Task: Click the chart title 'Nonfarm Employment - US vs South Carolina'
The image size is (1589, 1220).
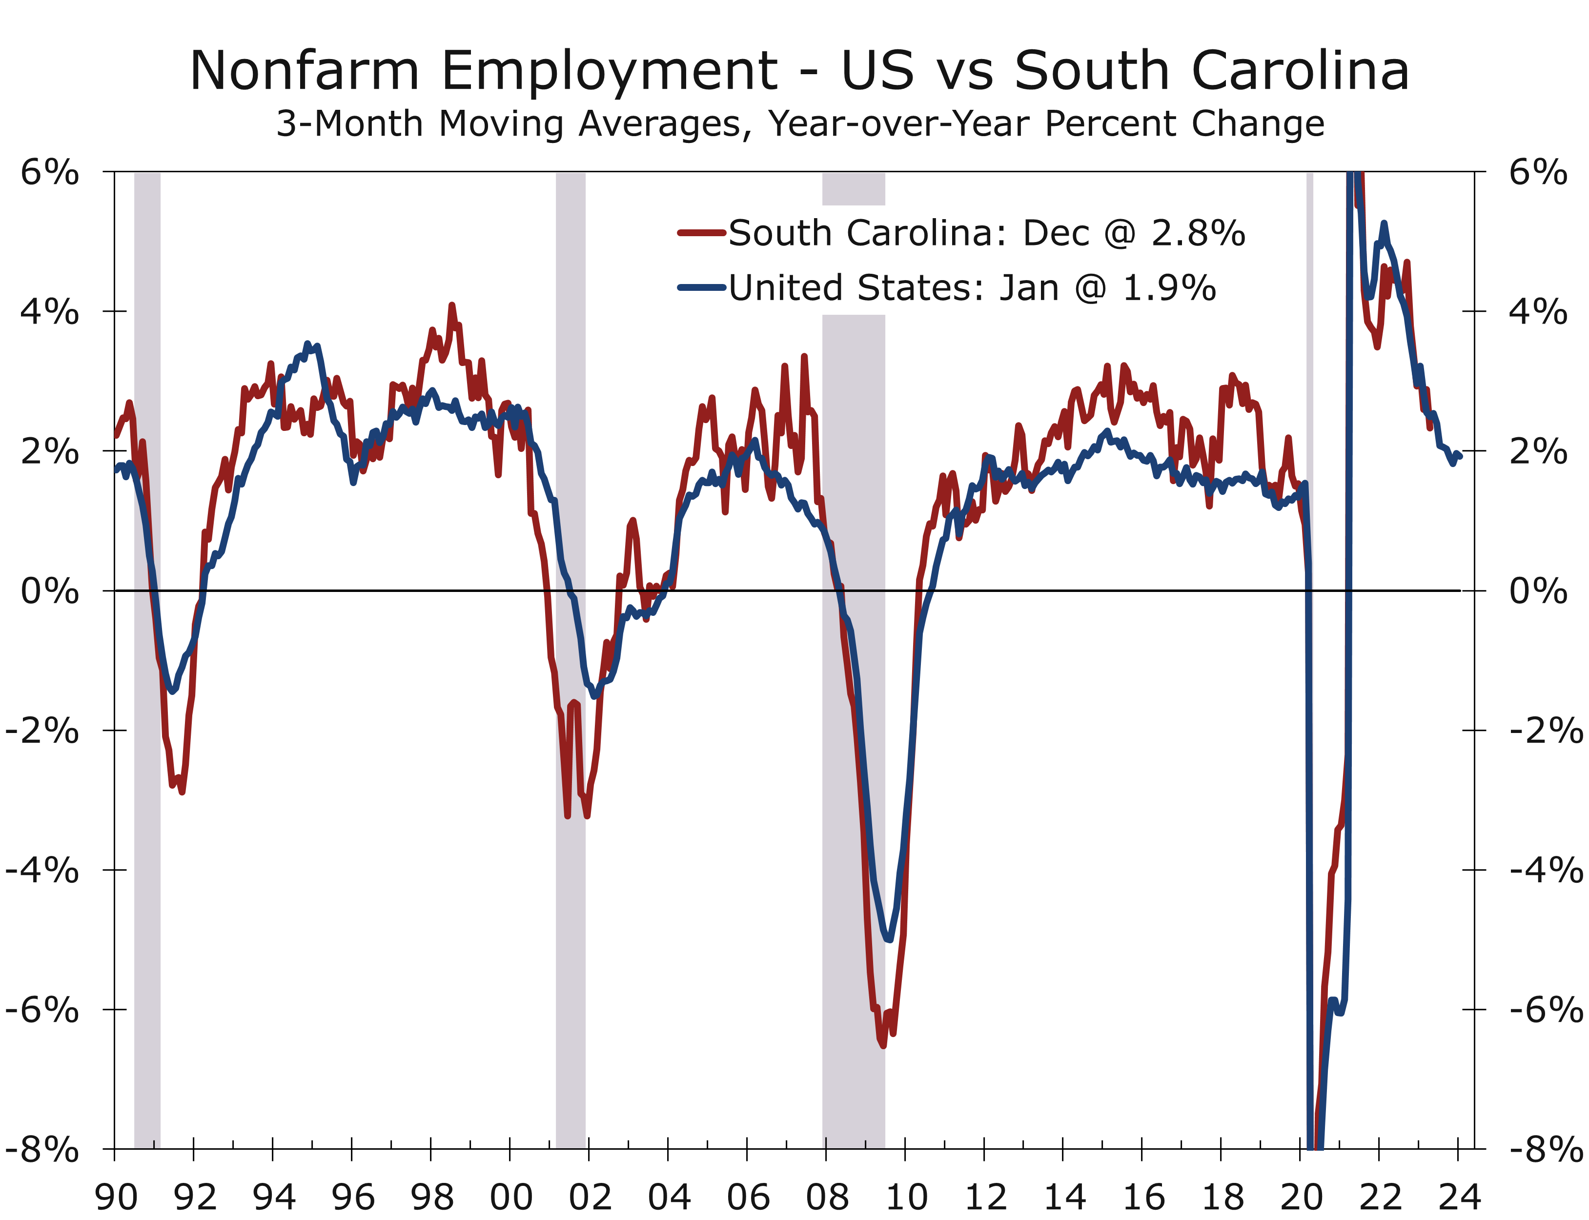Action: [x=799, y=70]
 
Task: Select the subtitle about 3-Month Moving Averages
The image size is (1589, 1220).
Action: [x=799, y=123]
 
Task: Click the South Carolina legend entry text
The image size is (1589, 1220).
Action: [x=986, y=233]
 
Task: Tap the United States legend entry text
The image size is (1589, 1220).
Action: [x=972, y=287]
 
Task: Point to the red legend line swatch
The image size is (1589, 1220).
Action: [x=702, y=233]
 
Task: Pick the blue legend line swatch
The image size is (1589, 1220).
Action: [x=702, y=287]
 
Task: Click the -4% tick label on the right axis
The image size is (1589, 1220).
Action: [x=1546, y=870]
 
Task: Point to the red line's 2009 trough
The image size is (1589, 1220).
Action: [x=882, y=1045]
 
